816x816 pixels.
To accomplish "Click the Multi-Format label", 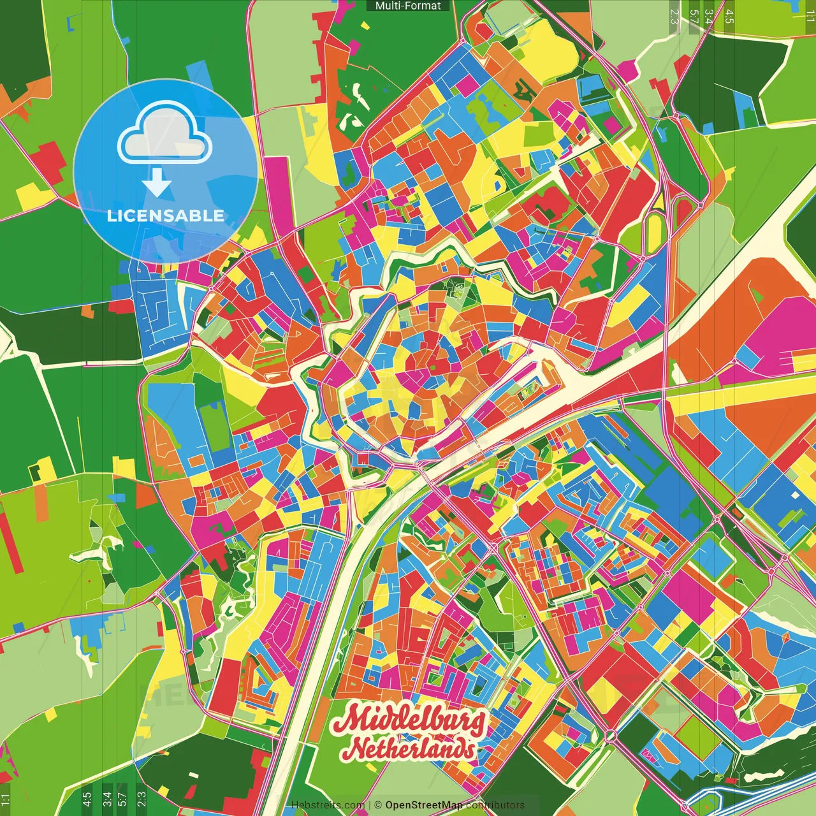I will coord(408,6).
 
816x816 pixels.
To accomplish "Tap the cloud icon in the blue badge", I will coord(164,135).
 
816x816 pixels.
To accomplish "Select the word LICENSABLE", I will coord(166,215).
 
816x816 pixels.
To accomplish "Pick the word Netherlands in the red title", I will coord(412,749).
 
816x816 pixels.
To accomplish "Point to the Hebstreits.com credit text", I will coord(328,805).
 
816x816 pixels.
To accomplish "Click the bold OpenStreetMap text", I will coord(424,805).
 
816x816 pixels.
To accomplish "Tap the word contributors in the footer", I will coord(495,805).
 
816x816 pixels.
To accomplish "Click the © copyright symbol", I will coord(378,805).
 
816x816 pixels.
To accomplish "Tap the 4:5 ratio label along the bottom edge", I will coord(87,799).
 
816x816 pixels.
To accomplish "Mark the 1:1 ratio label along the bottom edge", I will coord(5,799).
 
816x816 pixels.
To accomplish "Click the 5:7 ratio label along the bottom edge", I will coord(122,799).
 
